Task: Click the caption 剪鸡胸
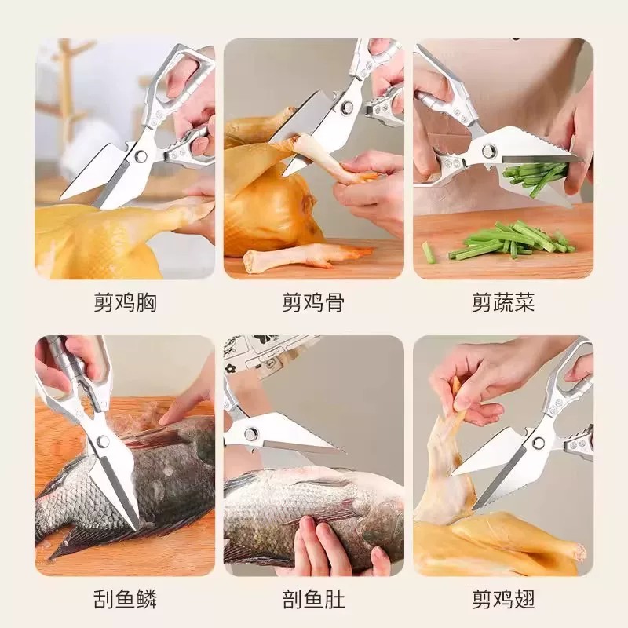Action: pos(125,302)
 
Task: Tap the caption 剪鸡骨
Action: pos(313,302)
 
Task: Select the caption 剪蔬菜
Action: pos(503,302)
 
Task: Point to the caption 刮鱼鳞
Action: pos(125,599)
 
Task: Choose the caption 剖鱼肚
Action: pos(313,599)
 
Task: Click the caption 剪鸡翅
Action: pos(503,599)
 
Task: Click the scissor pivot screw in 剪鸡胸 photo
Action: pos(141,155)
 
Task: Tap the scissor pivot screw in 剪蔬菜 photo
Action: pos(489,151)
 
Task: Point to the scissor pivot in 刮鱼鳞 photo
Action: pos(103,441)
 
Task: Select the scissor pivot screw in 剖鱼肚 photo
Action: pos(251,435)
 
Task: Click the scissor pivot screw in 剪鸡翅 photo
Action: pos(539,442)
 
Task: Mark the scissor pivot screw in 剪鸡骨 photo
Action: pos(347,107)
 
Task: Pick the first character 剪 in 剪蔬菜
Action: pos(482,302)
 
